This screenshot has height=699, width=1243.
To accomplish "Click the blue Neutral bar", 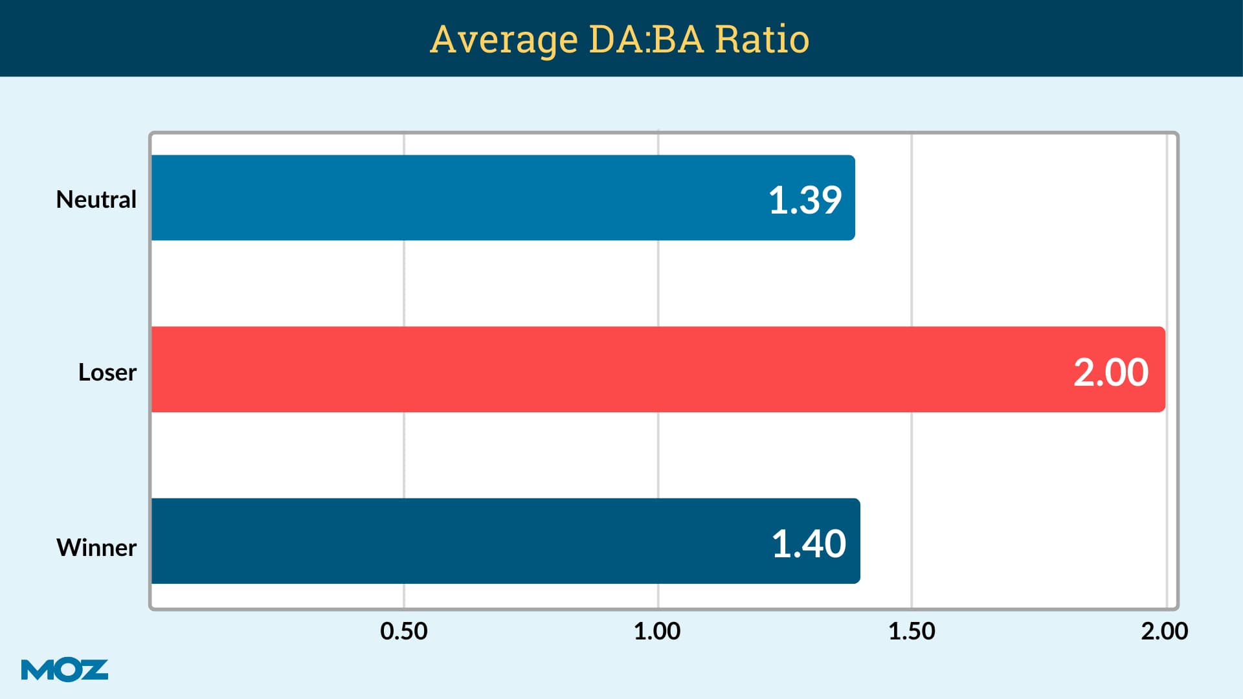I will coord(453,197).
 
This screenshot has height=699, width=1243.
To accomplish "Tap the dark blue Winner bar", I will coord(453,541).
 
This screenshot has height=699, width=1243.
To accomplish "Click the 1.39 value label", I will coord(805,199).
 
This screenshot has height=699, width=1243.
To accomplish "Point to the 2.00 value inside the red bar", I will coord(1110,372).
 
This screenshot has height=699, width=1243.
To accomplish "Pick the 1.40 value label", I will coord(809,543).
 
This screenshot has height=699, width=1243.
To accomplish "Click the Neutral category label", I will coord(96,199).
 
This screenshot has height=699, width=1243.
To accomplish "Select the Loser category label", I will coord(107,372).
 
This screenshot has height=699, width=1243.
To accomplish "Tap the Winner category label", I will coord(96,548).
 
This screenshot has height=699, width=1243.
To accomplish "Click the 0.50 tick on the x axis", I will coord(404,631).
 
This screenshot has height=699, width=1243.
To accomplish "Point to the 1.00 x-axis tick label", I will coord(657,631).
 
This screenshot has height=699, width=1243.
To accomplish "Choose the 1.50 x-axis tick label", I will coord(912,631).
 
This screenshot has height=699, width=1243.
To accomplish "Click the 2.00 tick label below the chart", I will coord(1164,631).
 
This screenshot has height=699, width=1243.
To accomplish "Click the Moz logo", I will coord(65,670).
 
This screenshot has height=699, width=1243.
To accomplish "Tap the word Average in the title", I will coord(504,39).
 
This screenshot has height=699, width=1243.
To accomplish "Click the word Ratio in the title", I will coord(762,39).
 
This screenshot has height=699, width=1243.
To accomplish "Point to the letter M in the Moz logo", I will coord(36,670).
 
